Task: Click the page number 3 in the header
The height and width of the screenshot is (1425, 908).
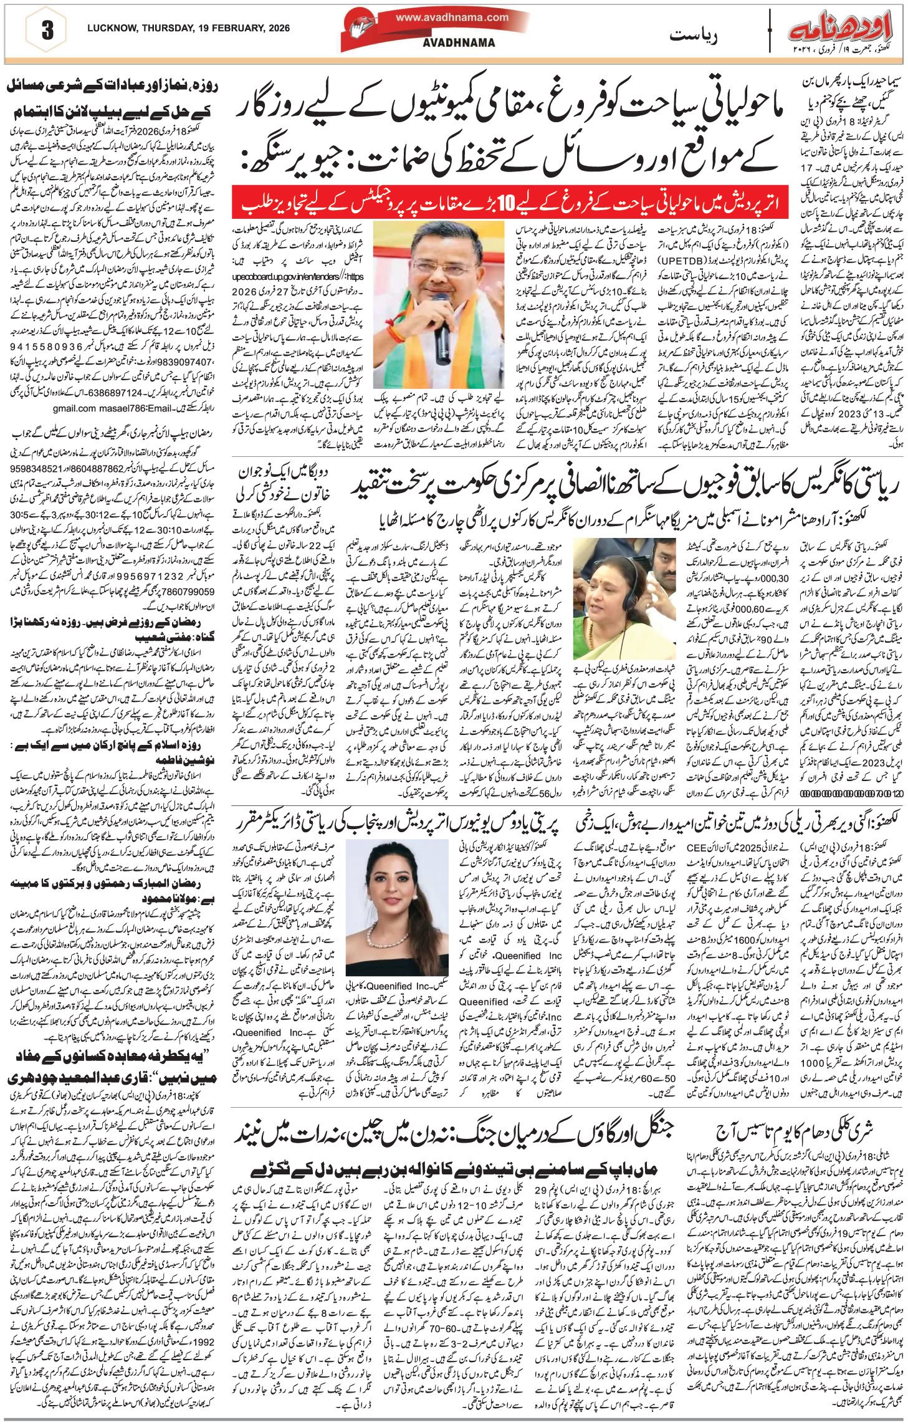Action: [x=47, y=32]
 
